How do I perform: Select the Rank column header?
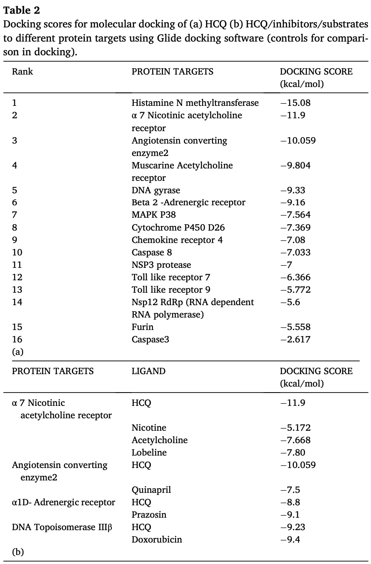[x=22, y=72]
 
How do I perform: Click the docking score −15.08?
[x=295, y=103]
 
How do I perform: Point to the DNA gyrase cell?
[x=156, y=190]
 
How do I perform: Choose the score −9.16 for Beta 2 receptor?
[x=293, y=203]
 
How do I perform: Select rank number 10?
[x=17, y=252]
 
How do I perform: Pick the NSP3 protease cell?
[x=161, y=265]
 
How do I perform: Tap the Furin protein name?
[x=142, y=327]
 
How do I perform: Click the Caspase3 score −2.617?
[x=295, y=339]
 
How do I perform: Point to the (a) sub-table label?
[x=18, y=352]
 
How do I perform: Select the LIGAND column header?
[x=148, y=371]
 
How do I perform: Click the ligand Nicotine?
[x=149, y=428]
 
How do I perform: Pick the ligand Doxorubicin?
[x=156, y=540]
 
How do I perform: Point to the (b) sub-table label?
[x=18, y=552]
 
